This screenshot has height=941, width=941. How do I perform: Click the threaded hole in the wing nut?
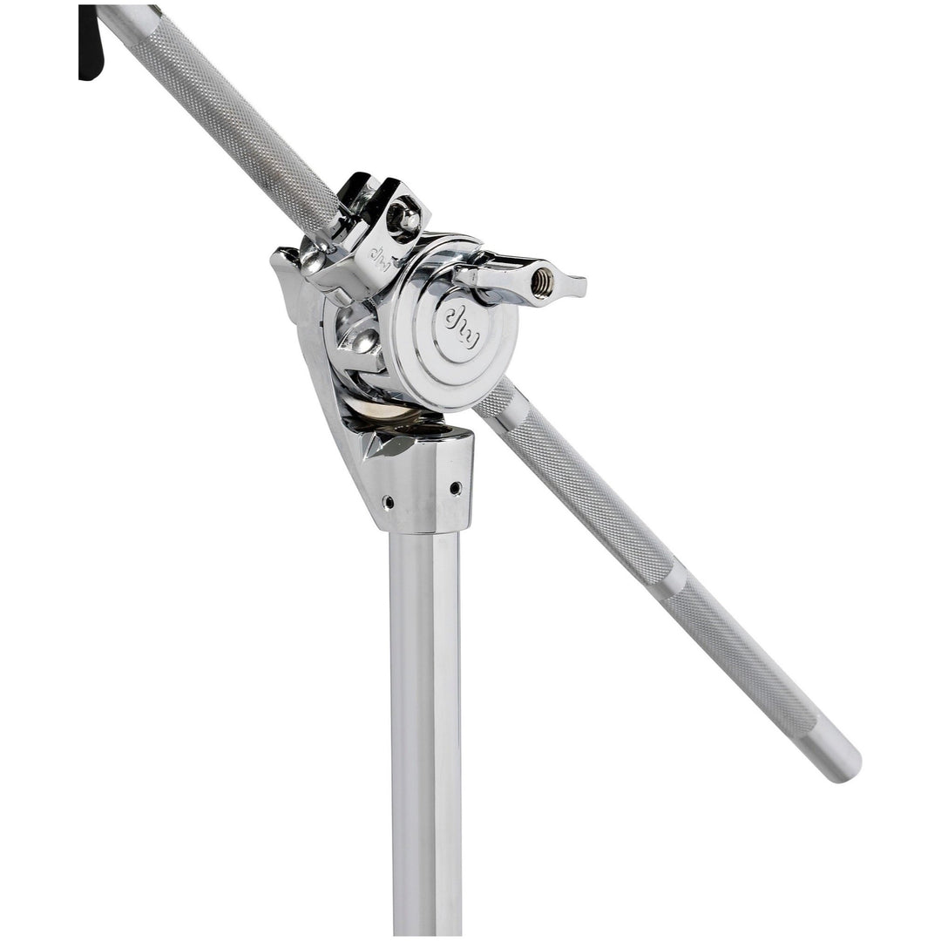tap(543, 281)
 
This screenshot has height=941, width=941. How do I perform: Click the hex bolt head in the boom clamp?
tap(405, 219)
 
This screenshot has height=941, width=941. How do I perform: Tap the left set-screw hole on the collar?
tap(388, 503)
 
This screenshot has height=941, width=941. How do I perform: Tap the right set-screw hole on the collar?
tap(456, 488)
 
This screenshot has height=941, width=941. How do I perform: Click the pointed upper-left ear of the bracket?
tap(283, 258)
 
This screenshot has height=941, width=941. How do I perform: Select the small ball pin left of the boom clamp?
tap(309, 262)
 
